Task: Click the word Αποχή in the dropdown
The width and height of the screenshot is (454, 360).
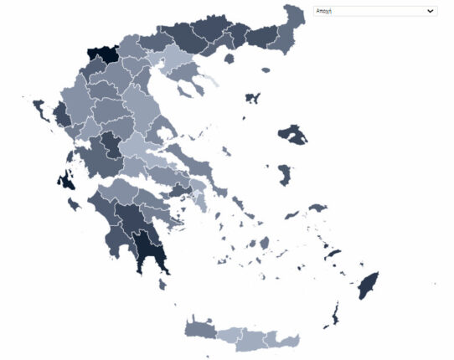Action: (324, 11)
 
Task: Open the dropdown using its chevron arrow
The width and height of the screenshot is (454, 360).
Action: (431, 11)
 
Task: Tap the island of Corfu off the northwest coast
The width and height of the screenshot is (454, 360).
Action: (39, 108)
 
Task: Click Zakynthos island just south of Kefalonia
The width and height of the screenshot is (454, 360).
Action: (75, 203)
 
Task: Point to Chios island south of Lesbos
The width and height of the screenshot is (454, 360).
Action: (285, 174)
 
